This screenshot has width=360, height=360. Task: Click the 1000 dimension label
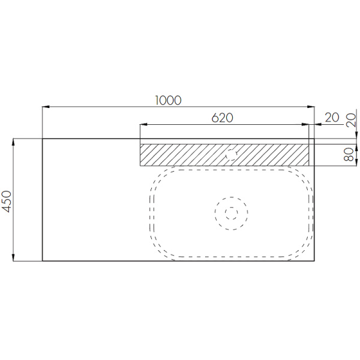click(x=167, y=100)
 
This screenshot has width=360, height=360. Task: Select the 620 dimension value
click(x=222, y=118)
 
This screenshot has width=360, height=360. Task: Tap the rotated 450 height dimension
click(x=7, y=200)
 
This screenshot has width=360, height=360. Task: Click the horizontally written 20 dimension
click(x=331, y=118)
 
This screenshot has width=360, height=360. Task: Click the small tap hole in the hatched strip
click(x=230, y=155)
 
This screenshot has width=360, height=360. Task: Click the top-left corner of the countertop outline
click(x=42, y=139)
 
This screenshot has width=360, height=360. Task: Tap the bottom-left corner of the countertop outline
click(x=42, y=261)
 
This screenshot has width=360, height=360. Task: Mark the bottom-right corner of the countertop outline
click(x=314, y=261)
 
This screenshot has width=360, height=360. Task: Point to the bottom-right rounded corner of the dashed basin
click(x=305, y=250)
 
